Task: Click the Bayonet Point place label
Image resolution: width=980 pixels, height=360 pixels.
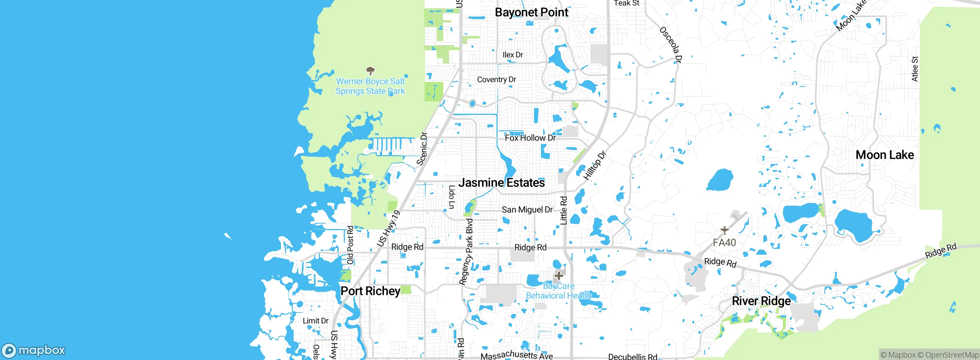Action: tap(531, 12)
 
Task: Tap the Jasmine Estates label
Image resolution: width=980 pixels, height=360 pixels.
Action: tap(501, 183)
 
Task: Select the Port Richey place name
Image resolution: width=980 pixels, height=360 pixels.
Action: tap(370, 291)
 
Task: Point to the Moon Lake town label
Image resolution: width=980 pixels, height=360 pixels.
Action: tap(884, 155)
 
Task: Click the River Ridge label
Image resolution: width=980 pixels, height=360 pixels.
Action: tap(761, 301)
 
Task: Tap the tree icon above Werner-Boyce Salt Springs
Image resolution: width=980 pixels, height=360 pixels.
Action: tap(370, 70)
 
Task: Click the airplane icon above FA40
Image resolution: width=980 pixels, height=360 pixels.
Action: tap(724, 230)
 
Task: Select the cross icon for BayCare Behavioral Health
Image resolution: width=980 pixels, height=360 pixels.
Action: tap(559, 275)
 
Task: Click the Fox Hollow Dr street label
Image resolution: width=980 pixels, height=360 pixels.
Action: tap(530, 138)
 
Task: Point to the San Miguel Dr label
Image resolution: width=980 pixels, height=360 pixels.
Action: tap(527, 209)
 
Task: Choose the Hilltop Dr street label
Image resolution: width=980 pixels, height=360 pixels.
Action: tap(595, 165)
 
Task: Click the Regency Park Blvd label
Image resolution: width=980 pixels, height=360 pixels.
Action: tap(467, 252)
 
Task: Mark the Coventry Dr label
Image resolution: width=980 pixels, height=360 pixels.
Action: tap(496, 80)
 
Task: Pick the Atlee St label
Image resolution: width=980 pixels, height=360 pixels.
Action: tap(915, 69)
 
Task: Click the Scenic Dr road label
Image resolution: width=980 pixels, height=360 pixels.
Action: tap(422, 149)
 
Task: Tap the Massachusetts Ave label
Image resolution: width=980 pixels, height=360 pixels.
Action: tap(516, 355)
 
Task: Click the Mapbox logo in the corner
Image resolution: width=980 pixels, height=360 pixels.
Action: tap(34, 350)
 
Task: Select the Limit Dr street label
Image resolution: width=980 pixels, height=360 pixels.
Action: tap(315, 321)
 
